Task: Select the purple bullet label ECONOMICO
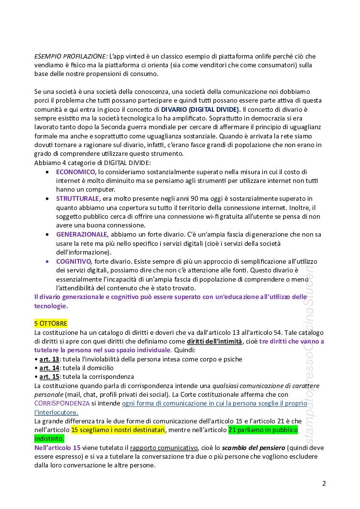coord(76,172)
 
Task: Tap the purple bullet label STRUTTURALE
coord(78,198)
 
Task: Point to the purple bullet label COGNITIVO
coord(74,261)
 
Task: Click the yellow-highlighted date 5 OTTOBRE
coord(51,323)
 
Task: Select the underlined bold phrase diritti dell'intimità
coord(215,341)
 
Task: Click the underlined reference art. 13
coord(49,359)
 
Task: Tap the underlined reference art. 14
coord(49,368)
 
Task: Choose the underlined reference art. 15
coord(49,376)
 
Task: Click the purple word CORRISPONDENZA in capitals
coord(62,403)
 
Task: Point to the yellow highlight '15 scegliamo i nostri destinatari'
coord(118,430)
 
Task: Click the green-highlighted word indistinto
coord(49,438)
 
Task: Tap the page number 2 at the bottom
coord(324,483)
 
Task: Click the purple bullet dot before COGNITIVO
coord(46,261)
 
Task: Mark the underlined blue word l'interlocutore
coord(56,412)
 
